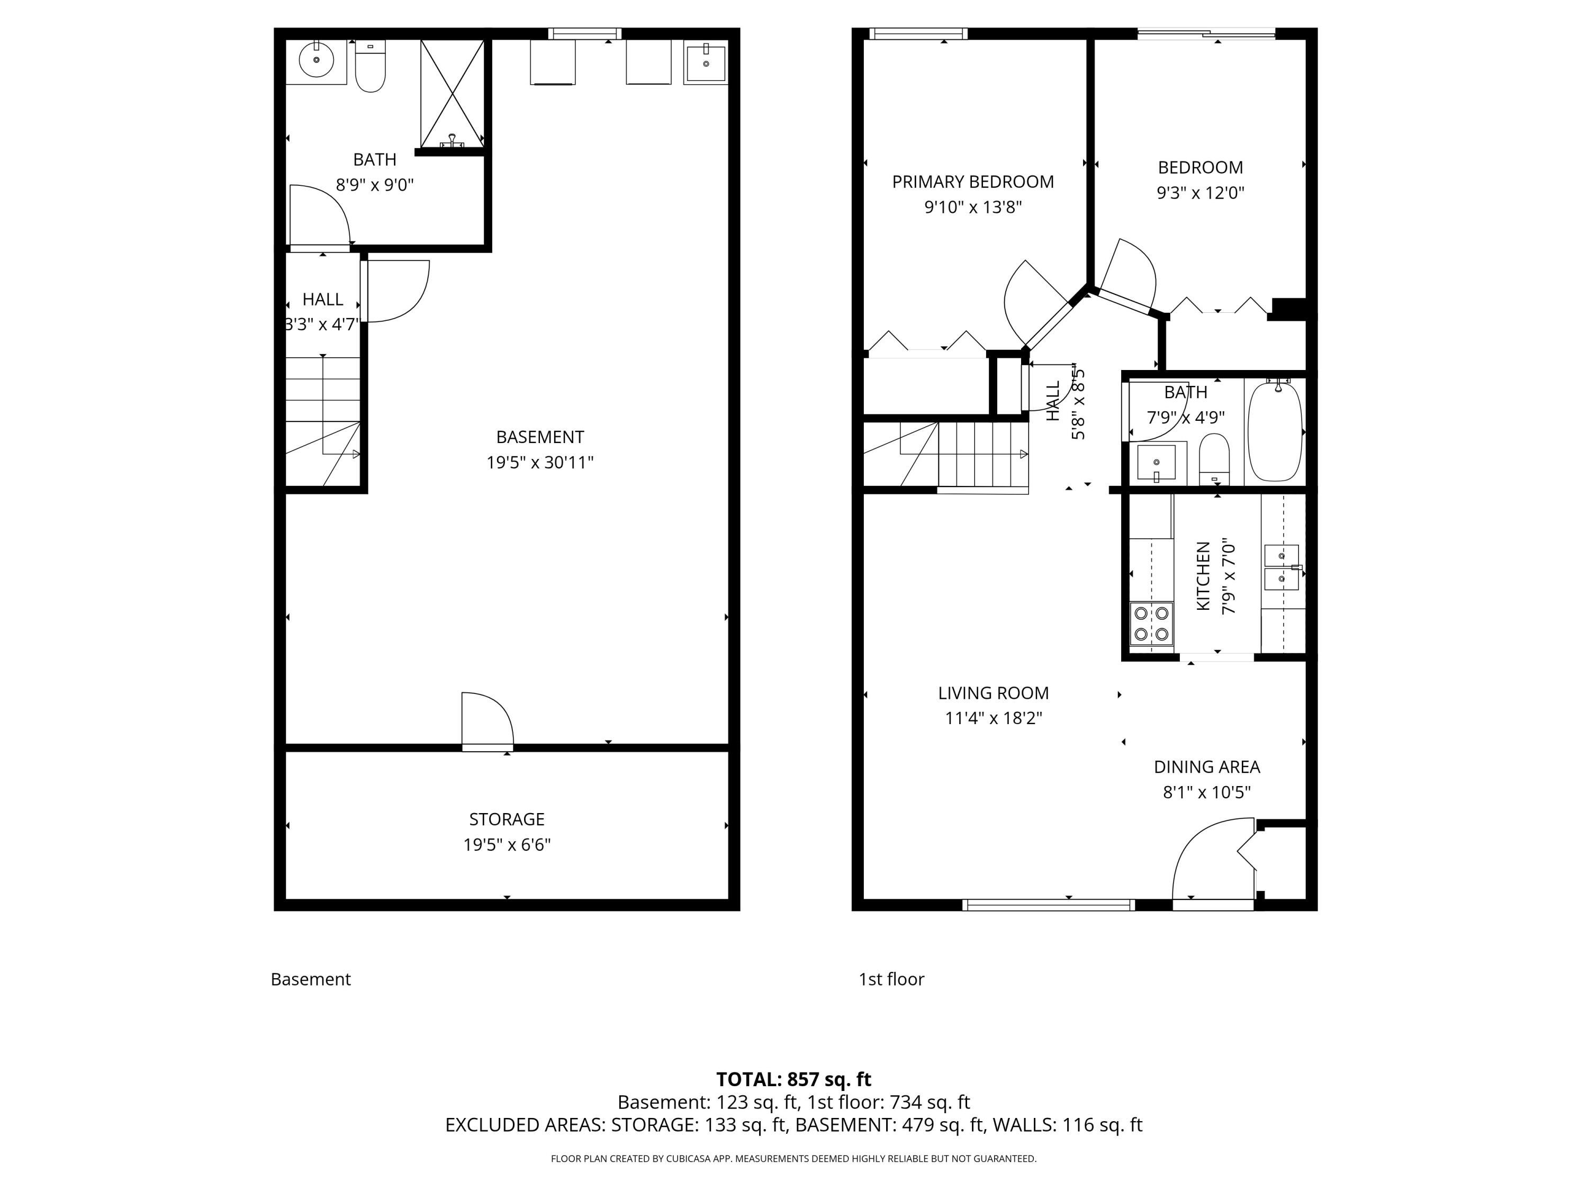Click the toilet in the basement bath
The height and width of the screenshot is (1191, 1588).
(x=371, y=66)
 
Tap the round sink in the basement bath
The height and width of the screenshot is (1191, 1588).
(x=316, y=60)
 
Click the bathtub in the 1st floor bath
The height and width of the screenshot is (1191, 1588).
(x=1275, y=431)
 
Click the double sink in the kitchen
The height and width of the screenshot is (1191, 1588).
(x=1282, y=567)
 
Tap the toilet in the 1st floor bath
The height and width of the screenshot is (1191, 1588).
(x=1214, y=459)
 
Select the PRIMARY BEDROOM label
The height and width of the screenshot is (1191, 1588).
(x=973, y=182)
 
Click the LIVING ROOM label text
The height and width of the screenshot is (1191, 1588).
(x=993, y=693)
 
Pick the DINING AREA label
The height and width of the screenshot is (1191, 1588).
(x=1207, y=766)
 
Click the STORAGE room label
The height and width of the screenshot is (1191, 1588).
(x=507, y=819)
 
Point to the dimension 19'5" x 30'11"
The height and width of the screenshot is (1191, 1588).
(x=540, y=462)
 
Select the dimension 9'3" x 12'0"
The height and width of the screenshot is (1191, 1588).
(x=1201, y=192)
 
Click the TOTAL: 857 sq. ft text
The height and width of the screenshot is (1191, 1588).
(x=793, y=1079)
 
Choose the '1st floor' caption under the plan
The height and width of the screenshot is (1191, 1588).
(x=891, y=979)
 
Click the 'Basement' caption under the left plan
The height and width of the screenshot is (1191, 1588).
(x=310, y=979)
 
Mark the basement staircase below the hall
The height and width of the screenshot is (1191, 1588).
(x=323, y=421)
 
